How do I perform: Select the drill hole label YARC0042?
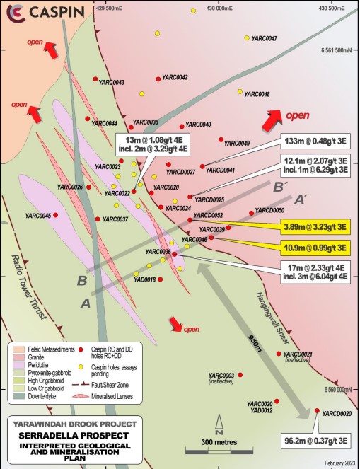pos(175,77)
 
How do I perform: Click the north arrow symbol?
pos(220,428)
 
